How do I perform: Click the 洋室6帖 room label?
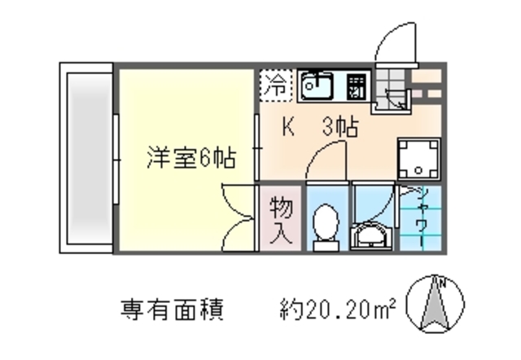point(190,157)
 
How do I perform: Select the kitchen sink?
point(317,85)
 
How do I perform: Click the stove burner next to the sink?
point(356,85)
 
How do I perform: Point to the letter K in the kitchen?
point(288,127)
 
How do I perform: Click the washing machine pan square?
point(418,159)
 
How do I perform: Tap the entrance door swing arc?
point(399,41)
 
